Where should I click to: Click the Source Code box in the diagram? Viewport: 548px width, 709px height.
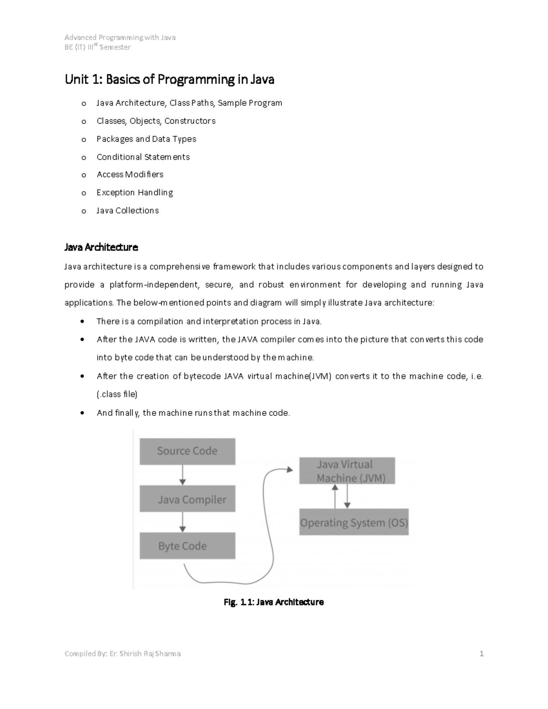[x=187, y=452]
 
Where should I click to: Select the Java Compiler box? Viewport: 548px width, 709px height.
[x=187, y=499]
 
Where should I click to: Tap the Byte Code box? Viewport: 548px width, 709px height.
[x=187, y=546]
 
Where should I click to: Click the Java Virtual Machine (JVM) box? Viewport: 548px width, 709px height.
[x=347, y=471]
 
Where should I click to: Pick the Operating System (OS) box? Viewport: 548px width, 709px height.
[x=354, y=522]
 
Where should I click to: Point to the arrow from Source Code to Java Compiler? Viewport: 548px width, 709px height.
[x=183, y=475]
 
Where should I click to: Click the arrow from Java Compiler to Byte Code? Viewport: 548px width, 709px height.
[x=183, y=522]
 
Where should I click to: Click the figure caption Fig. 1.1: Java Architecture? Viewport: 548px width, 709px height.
[x=274, y=602]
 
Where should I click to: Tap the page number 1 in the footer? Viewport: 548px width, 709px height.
[x=481, y=654]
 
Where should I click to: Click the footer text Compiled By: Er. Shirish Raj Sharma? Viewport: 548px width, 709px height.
[x=122, y=654]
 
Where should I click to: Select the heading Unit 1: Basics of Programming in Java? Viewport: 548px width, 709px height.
[x=169, y=79]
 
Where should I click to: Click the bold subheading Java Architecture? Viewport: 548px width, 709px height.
[x=101, y=247]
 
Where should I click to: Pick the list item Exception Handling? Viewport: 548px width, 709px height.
[x=135, y=193]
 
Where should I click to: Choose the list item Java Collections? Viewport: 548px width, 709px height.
[x=128, y=210]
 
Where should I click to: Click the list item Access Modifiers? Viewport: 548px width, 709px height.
[x=130, y=174]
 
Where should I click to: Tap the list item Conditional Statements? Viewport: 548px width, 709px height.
[x=143, y=157]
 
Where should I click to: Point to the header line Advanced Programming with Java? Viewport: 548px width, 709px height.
[x=120, y=37]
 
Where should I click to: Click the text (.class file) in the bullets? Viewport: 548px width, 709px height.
[x=117, y=394]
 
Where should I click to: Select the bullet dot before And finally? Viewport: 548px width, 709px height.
[x=82, y=413]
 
